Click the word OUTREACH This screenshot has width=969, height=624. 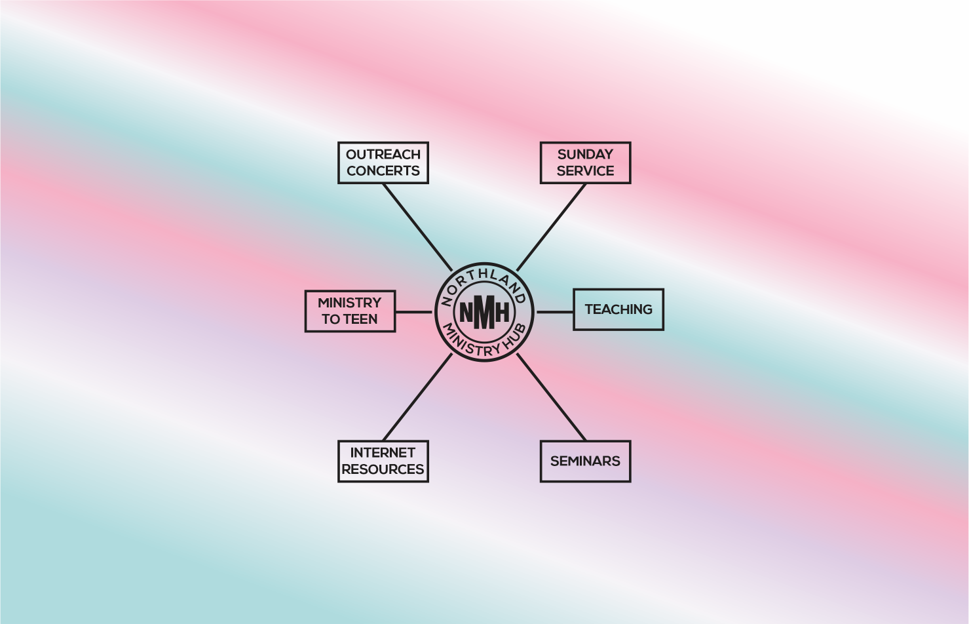pos(383,155)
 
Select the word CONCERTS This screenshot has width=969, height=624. pos(383,171)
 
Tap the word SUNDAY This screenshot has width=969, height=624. pos(585,155)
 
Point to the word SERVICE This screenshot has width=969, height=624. pos(585,171)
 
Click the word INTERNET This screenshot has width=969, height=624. pos(383,453)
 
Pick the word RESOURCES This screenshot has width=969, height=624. pos(383,469)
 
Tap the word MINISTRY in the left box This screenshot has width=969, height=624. pos(349,302)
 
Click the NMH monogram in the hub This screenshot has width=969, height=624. pos(484,313)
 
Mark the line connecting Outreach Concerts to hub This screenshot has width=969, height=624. pos(417,227)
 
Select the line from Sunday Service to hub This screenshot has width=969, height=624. pos(552,227)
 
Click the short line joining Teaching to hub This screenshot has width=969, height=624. pos(555,311)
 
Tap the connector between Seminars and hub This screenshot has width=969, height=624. pos(552,397)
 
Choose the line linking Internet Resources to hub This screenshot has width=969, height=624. pos(417,397)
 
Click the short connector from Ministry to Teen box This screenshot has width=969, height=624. pos(413,311)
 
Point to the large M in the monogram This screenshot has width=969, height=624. pos(484,313)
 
